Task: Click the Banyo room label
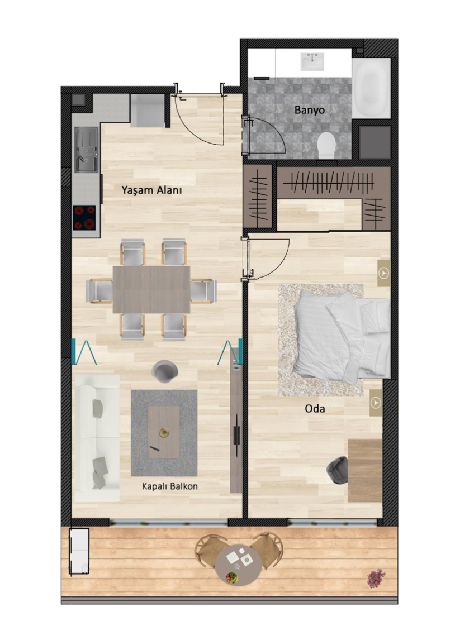[309, 110]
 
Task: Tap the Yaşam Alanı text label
[151, 190]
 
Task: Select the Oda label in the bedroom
[315, 409]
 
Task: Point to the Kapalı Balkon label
[170, 486]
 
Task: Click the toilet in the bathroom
[326, 145]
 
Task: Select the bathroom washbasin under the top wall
[313, 61]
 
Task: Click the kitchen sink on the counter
[87, 149]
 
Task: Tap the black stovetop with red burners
[84, 218]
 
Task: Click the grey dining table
[151, 289]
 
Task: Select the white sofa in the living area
[97, 437]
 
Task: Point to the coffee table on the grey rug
[163, 432]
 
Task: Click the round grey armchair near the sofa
[164, 371]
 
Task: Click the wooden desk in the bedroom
[365, 470]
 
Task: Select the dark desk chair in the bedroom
[338, 470]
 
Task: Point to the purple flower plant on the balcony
[376, 579]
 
